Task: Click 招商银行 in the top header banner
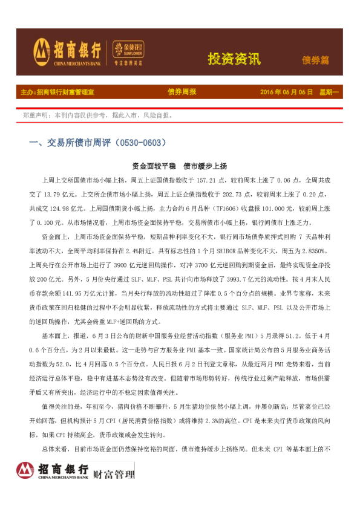pos(77,48)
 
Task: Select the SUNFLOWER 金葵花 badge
pos(128,49)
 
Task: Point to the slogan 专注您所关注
pos(128,63)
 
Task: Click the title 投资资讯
pos(234,59)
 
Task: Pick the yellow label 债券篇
pos(315,60)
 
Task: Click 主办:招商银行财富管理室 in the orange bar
pos(57,92)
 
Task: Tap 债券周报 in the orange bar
pos(182,92)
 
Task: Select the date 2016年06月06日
pos(286,92)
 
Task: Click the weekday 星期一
pos(329,92)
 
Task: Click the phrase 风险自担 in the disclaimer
pos(157,115)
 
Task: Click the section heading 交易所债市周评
pos(75,143)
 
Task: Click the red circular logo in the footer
pos(25,470)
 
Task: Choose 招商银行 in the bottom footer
pos(63,468)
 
